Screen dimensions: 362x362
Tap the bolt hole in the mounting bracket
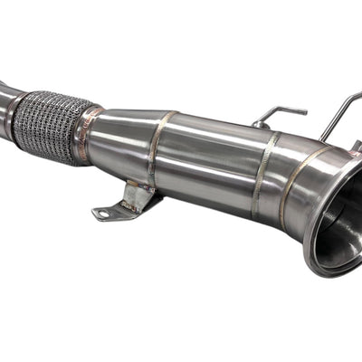coord(102,214)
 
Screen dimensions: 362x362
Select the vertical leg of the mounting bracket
coord(137,194)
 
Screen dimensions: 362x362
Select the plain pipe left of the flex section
coord(5,100)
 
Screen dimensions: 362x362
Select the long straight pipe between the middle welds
coord(208,163)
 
